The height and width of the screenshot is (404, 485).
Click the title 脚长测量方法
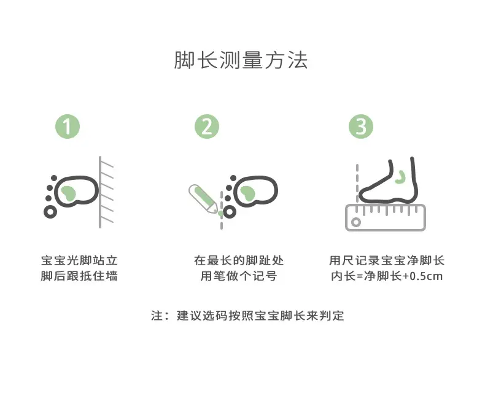coord(241,60)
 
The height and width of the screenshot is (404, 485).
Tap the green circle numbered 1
coord(68,126)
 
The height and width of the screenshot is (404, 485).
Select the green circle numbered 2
coord(207,126)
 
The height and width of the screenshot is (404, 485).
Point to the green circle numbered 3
coord(361,126)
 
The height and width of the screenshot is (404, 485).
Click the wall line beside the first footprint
coord(100,192)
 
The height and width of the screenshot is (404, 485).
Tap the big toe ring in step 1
coord(50,212)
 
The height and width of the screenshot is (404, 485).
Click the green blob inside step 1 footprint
coord(68,193)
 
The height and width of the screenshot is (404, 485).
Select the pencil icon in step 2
coord(203,199)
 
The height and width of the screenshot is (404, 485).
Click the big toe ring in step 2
coord(230,212)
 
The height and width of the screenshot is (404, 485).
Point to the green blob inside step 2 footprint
coord(247,193)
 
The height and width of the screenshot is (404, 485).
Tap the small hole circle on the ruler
coord(356,222)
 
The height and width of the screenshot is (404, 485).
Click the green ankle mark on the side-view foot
coord(402,177)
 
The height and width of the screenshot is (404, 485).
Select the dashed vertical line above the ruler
coord(357,184)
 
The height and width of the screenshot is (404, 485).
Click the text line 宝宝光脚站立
coord(79,260)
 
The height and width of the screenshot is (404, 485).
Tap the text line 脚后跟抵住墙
coord(79,276)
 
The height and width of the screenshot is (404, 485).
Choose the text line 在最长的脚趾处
coord(239,260)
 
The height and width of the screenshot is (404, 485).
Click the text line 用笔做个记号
coord(239,276)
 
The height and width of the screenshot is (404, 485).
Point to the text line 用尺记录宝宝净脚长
coord(387,260)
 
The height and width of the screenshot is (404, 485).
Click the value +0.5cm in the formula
coord(422,276)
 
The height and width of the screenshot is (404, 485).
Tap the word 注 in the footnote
coord(157,316)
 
